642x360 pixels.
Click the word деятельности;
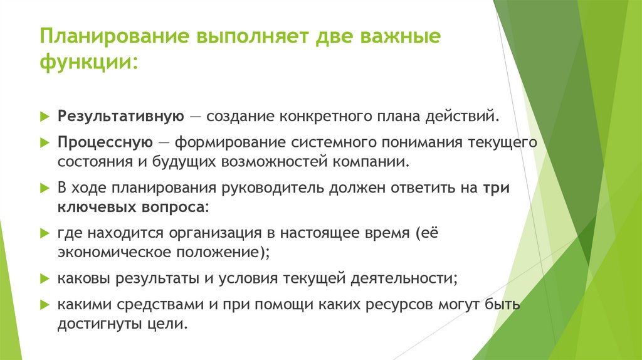coord(394,277)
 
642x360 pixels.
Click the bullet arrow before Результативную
coord(44,117)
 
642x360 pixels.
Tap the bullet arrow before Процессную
coord(44,143)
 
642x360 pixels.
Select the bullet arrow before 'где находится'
coord(44,233)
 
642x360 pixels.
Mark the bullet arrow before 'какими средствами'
coord(44,305)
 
